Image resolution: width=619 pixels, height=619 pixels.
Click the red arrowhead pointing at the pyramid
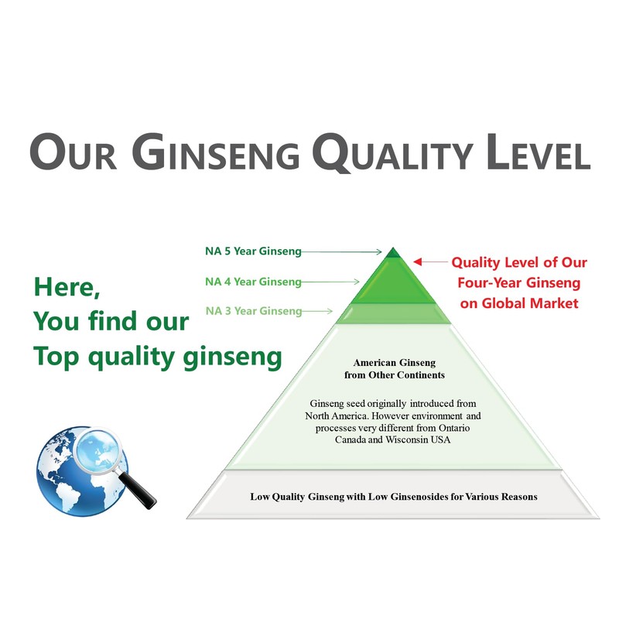[418, 262]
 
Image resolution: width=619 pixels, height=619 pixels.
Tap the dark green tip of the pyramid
[394, 252]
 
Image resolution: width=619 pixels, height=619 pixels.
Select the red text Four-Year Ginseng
[519, 282]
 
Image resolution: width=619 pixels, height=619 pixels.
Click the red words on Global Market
[519, 303]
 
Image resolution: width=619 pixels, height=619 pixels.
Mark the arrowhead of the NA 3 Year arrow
[329, 312]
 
